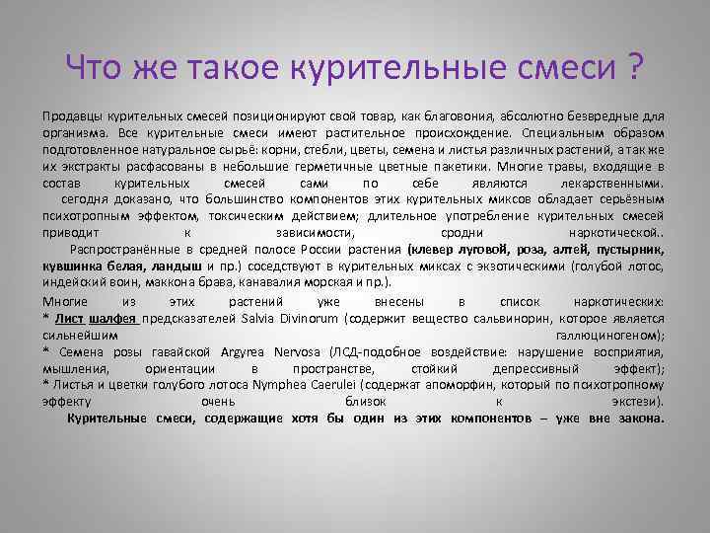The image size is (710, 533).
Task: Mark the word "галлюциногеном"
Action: click(610, 336)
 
